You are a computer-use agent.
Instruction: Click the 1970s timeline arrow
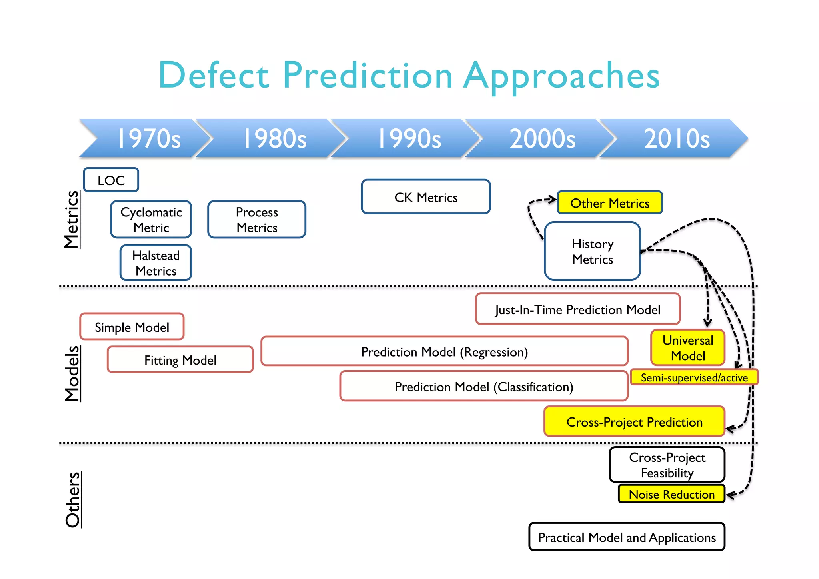[x=148, y=138]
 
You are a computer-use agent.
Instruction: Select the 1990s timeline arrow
[x=409, y=138]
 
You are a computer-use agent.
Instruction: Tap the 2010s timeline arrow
[x=677, y=138]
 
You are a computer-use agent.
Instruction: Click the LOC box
[x=111, y=180]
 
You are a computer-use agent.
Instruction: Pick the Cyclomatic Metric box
[x=151, y=220]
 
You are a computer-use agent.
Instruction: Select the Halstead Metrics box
[x=156, y=263]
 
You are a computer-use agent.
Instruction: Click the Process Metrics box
[x=257, y=220]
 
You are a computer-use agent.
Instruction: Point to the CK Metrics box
[x=426, y=197]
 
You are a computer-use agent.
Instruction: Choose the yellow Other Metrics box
[x=610, y=203]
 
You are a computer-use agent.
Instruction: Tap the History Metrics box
[x=593, y=251]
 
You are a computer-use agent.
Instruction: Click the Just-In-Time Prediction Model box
[x=577, y=309]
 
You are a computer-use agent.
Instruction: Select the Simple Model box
[x=132, y=327]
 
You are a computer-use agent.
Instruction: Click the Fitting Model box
[x=180, y=360]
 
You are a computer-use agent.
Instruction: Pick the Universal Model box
[x=688, y=347]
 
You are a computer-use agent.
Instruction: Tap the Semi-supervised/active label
[x=694, y=377]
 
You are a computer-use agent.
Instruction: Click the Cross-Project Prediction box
[x=634, y=421]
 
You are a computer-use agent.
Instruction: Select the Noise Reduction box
[x=671, y=494]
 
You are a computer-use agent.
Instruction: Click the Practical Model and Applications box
[x=627, y=537]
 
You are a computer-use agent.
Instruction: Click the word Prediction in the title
[x=368, y=75]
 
